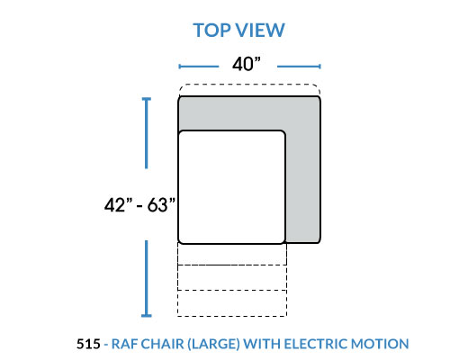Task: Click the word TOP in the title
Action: [211, 31]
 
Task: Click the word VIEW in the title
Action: [259, 31]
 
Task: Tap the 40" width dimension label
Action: [247, 64]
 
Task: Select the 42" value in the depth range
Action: [118, 205]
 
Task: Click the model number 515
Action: [88, 344]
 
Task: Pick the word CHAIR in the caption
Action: [162, 344]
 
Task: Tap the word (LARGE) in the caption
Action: [213, 344]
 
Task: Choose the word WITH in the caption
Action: [262, 344]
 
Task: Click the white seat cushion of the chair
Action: [231, 187]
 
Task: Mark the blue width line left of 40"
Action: [199, 67]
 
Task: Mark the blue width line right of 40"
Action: [299, 67]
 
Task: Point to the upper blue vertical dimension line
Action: [147, 133]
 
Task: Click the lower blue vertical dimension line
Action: [147, 278]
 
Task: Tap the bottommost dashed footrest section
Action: [232, 303]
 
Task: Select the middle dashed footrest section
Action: [232, 277]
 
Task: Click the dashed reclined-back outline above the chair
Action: [249, 85]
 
